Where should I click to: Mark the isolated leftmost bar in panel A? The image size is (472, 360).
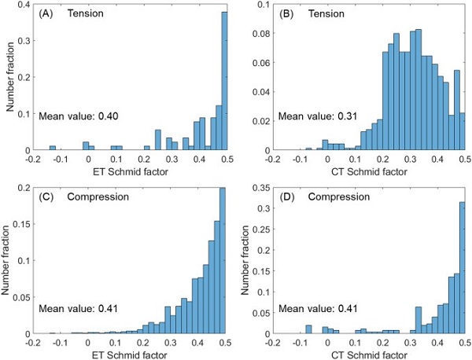(53, 148)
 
